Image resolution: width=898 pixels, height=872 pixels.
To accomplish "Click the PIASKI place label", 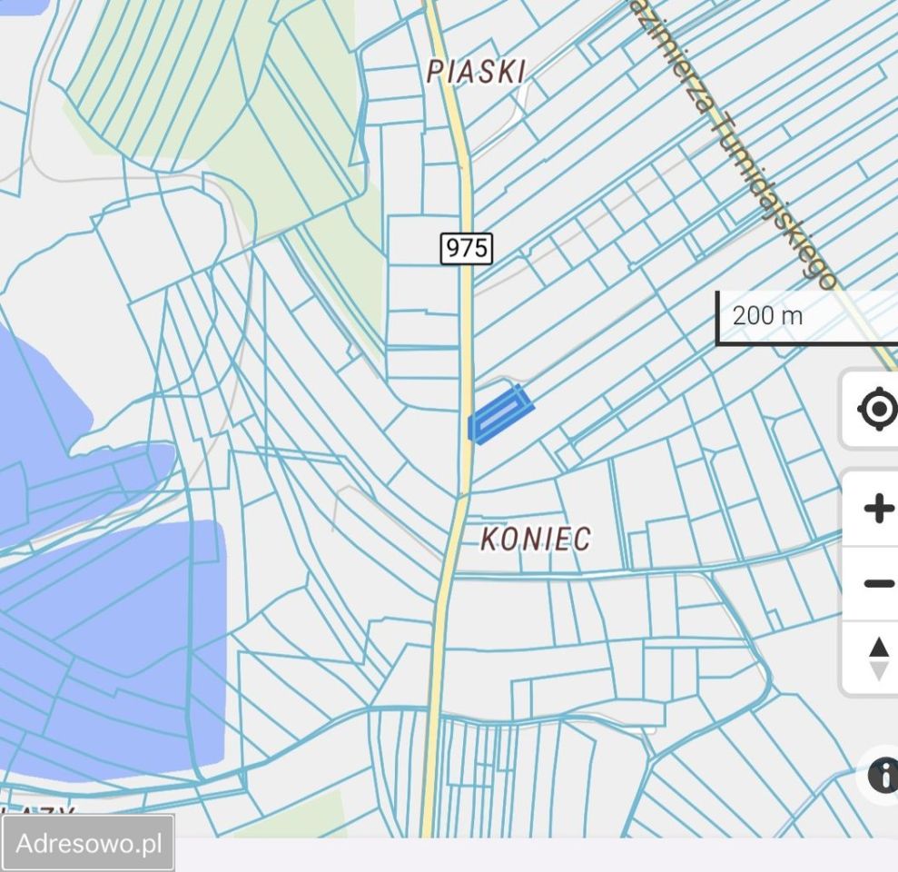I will click(x=476, y=70).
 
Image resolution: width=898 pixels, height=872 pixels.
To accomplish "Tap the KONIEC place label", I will click(x=535, y=539).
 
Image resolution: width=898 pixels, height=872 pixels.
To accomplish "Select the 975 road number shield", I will click(x=467, y=248).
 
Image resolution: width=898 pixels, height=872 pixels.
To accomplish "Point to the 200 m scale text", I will click(x=767, y=315).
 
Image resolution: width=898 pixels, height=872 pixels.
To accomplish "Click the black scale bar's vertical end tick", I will click(x=717, y=318).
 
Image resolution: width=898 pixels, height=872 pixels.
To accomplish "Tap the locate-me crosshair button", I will click(x=876, y=410).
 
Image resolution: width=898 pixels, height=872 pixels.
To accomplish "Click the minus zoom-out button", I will click(x=876, y=582).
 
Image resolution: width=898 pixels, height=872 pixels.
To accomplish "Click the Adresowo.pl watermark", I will click(x=88, y=843).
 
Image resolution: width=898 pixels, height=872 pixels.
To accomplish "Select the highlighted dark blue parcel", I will click(x=499, y=414).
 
